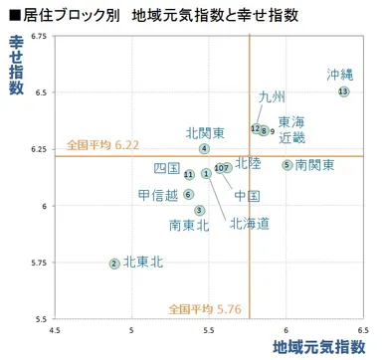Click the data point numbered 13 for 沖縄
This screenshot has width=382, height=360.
[343, 91]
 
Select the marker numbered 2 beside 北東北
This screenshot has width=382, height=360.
[114, 264]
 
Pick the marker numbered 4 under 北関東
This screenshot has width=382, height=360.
[204, 149]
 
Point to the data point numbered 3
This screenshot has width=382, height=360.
[199, 210]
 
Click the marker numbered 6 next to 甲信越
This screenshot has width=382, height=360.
[189, 194]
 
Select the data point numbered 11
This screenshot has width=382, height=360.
[189, 175]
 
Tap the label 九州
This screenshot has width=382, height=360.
[272, 97]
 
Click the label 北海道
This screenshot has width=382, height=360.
[249, 224]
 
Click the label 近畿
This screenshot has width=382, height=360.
[292, 138]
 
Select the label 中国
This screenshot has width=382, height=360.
[247, 196]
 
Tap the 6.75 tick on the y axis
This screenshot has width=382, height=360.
[39, 37]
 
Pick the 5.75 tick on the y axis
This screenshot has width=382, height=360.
[39, 264]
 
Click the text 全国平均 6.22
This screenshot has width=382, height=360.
[102, 145]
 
